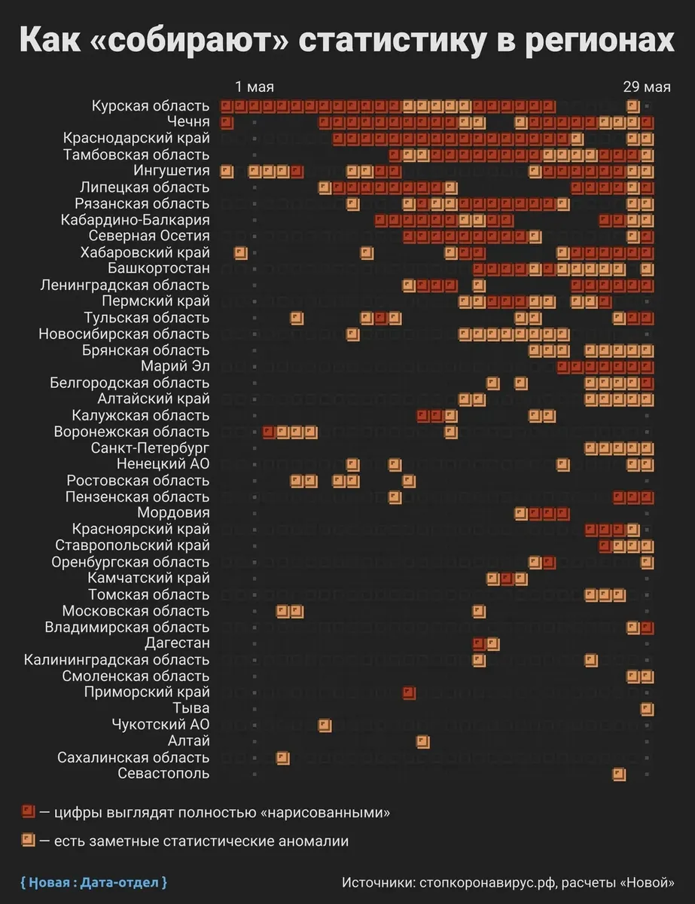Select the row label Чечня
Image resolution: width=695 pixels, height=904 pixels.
(188, 122)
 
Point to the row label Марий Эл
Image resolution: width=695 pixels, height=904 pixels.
(175, 367)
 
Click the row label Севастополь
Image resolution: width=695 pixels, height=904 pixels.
(163, 774)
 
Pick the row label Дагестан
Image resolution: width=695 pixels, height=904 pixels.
(177, 643)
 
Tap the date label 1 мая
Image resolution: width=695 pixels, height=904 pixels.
(255, 86)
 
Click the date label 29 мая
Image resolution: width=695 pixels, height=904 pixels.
(646, 86)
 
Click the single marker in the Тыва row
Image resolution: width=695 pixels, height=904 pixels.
(647, 709)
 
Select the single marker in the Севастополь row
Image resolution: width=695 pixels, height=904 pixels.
(619, 774)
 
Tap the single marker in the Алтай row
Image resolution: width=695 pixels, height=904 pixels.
(423, 741)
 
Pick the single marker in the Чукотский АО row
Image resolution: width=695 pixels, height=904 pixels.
(325, 725)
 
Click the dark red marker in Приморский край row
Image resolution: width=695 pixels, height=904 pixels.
(409, 692)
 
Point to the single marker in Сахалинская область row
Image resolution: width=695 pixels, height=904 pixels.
(282, 757)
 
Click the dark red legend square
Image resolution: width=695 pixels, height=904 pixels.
(29, 812)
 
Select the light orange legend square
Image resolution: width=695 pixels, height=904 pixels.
(29, 840)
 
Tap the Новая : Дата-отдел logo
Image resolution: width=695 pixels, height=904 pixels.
(93, 881)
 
